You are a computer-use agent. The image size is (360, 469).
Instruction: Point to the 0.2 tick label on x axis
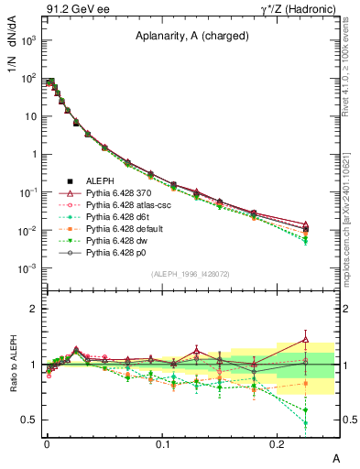coord(278,443)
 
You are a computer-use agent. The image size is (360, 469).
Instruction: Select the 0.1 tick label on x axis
coord(162,443)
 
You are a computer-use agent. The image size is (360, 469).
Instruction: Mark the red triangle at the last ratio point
coord(306,340)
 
